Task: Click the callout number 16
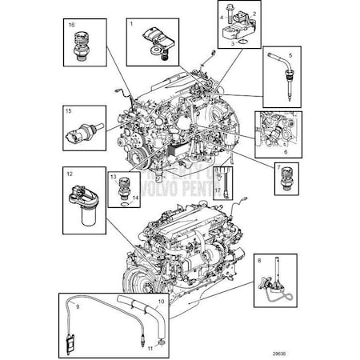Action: [x=72, y=26]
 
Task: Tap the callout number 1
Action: [x=131, y=26]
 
